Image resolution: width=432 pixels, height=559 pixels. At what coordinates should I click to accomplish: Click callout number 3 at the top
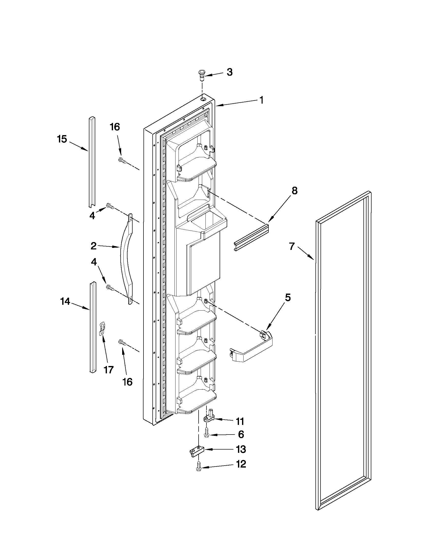point(230,72)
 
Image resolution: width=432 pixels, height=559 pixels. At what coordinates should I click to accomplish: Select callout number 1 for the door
point(261,100)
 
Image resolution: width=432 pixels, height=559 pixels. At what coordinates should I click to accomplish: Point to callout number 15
point(62,139)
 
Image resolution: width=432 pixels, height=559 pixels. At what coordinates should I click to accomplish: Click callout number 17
point(108,369)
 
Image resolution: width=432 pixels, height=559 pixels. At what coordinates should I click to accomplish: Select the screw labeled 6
point(206,434)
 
